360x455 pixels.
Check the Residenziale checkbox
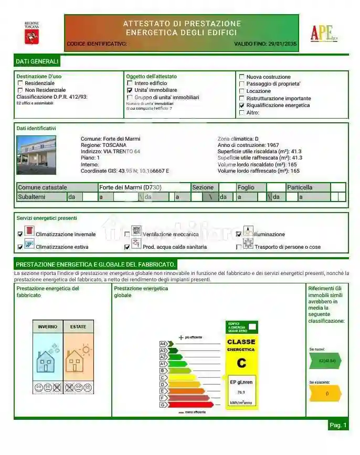20,83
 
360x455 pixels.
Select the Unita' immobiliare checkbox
130,90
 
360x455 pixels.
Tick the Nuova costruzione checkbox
241,77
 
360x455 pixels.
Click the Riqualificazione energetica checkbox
241,105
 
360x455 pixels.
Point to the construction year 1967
272,145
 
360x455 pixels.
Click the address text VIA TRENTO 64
122,152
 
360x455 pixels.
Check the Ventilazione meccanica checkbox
127,235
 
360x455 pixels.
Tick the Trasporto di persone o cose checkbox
239,247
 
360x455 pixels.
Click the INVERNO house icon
47,361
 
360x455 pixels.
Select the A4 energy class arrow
163,344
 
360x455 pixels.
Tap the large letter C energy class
241,363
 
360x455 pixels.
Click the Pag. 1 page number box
338,425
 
